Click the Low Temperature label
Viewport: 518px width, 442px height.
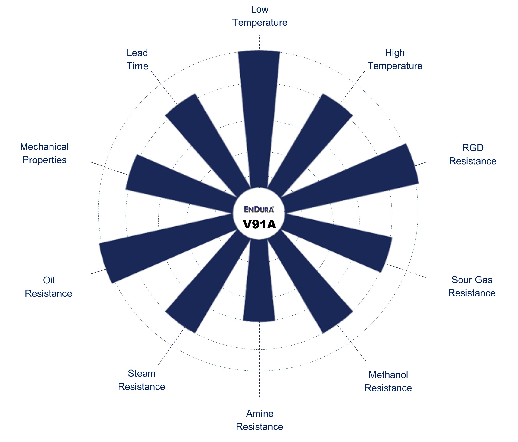coord(259,16)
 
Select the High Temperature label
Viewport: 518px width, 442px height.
coord(395,59)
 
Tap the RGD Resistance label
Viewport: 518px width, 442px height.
coord(472,154)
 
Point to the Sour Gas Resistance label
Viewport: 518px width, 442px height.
coord(472,286)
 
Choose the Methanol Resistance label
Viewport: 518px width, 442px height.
coord(388,382)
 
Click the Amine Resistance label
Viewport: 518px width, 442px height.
coord(259,420)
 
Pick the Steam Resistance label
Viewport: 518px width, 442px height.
coord(141,380)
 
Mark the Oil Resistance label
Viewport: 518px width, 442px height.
coord(49,287)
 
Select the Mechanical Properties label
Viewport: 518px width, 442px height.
coord(44,153)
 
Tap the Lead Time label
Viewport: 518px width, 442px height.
coord(137,59)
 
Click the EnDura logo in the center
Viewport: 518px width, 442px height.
coord(259,209)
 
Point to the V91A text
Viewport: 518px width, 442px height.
coord(259,224)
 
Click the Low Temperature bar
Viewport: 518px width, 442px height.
coord(259,118)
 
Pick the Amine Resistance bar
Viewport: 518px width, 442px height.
coord(259,280)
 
